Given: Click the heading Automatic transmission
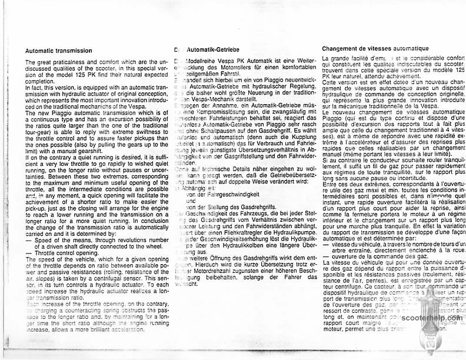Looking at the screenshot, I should coord(59,51).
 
